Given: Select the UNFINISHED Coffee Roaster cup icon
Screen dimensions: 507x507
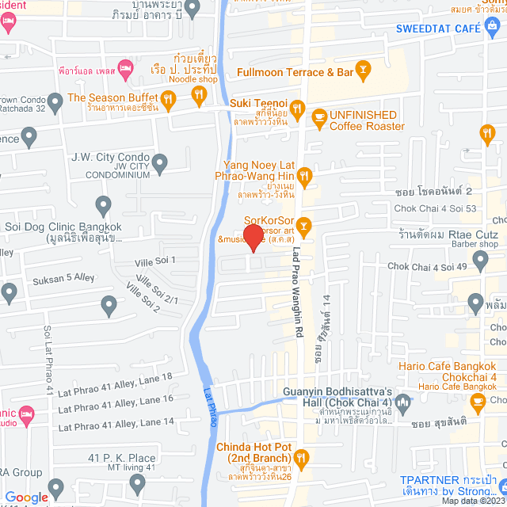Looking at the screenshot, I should coord(319,120).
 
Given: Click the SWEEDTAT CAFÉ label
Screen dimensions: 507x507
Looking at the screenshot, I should coord(439,29).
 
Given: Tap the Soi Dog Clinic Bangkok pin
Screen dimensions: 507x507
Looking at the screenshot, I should coord(103,207).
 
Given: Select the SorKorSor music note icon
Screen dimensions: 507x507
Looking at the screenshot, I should coord(305,226).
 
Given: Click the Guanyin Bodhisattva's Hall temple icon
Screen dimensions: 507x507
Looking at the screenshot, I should coord(403,401).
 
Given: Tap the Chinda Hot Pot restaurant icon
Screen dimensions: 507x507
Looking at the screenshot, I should coord(301,456).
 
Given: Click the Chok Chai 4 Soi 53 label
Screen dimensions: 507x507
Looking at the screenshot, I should coord(435,208).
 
